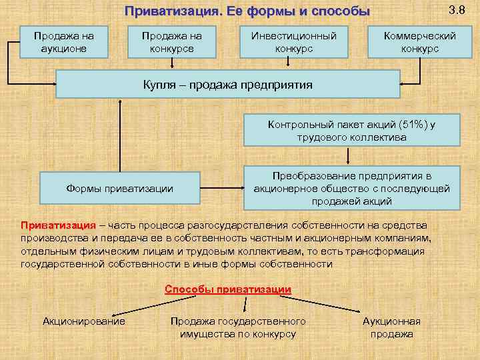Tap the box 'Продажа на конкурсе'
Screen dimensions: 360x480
tap(172, 42)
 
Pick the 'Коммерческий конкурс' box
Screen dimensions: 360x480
tap(420, 42)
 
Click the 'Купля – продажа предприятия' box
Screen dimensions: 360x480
tap(227, 85)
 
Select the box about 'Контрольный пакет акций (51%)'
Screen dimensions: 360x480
tap(351, 131)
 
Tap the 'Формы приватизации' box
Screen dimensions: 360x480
tap(120, 188)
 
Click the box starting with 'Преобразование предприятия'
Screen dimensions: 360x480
tap(351, 188)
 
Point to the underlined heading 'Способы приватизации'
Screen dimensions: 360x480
tap(228, 289)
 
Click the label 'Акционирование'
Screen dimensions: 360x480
tap(84, 321)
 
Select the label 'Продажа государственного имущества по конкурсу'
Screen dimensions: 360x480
tap(238, 327)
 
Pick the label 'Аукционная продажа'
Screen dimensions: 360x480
tap(391, 327)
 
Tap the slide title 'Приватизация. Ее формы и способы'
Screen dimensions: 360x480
tap(247, 11)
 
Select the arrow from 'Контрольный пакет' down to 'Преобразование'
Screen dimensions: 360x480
tap(351, 156)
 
